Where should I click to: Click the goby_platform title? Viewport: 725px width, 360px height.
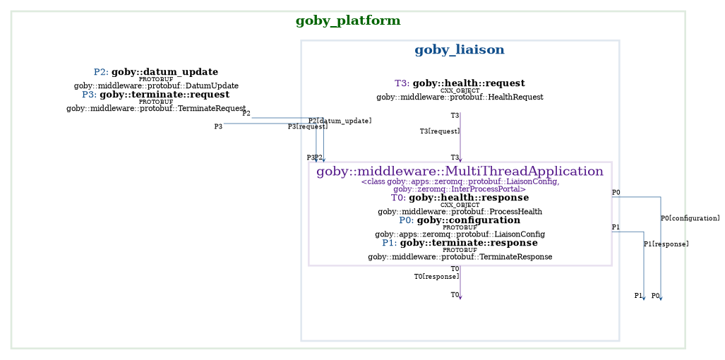pyautogui.click(x=349, y=21)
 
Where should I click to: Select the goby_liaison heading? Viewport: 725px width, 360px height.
pyautogui.click(x=459, y=50)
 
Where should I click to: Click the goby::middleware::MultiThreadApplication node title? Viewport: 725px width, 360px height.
pyautogui.click(x=460, y=172)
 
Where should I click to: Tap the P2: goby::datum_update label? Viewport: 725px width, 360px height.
pyautogui.click(x=155, y=72)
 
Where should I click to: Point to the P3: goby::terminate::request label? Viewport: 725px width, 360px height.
pyautogui.click(x=155, y=95)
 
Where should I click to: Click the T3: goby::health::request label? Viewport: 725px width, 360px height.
pyautogui.click(x=460, y=83)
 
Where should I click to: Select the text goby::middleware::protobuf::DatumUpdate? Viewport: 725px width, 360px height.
pyautogui.click(x=156, y=85)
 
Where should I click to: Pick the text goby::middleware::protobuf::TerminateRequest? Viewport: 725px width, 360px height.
pyautogui.click(x=156, y=108)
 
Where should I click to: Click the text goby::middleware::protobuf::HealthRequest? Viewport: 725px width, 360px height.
pyautogui.click(x=460, y=97)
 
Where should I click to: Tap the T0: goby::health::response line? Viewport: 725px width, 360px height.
pyautogui.click(x=460, y=198)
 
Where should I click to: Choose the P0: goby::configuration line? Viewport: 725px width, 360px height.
pyautogui.click(x=460, y=220)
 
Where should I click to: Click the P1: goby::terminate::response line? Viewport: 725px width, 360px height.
pyautogui.click(x=460, y=243)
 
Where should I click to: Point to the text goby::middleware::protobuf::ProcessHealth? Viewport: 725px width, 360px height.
pyautogui.click(x=460, y=211)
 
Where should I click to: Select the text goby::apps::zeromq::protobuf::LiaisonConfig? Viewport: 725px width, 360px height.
pyautogui.click(x=460, y=234)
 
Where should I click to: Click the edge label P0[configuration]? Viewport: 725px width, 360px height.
pyautogui.click(x=690, y=218)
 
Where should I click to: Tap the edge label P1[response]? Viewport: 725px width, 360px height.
pyautogui.click(x=666, y=244)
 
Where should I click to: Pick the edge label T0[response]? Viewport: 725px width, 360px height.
pyautogui.click(x=436, y=276)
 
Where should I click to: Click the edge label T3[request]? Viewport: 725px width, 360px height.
pyautogui.click(x=439, y=131)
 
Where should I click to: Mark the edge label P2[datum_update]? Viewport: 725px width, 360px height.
pyautogui.click(x=340, y=121)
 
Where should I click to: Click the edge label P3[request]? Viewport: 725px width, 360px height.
pyautogui.click(x=307, y=126)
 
